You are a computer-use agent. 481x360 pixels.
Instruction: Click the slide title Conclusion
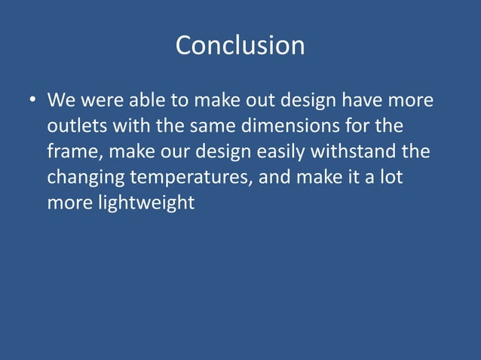pos(240,46)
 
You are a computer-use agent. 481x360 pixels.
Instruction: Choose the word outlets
pos(77,126)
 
